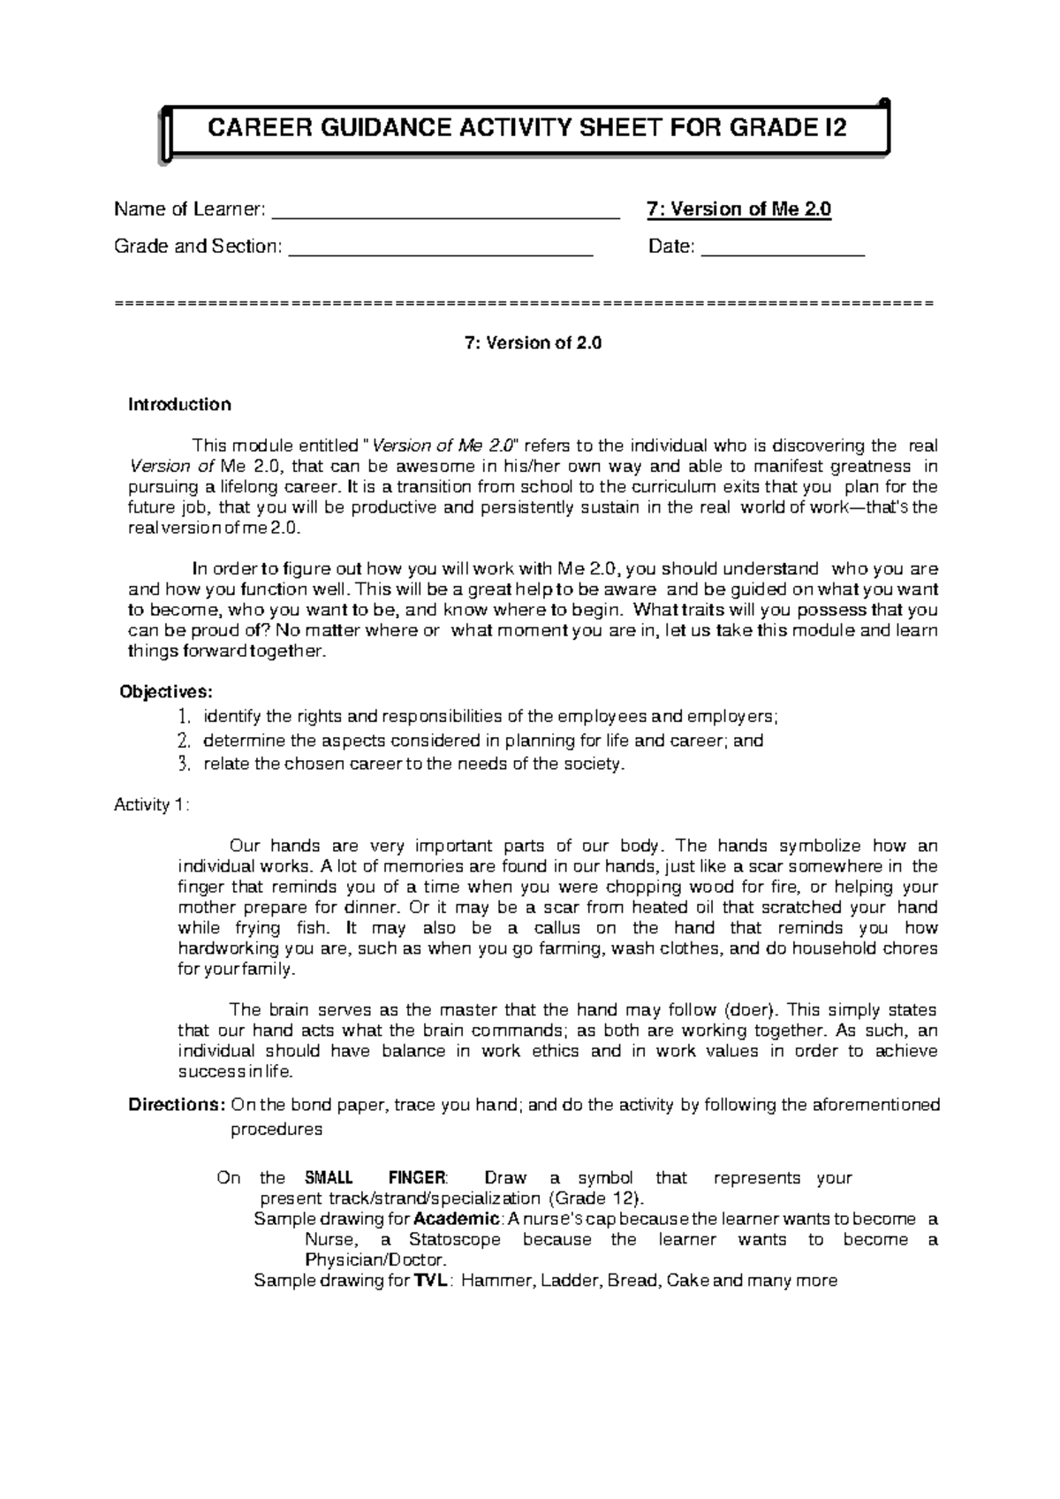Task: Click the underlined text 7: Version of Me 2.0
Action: click(x=738, y=209)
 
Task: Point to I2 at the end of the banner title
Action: click(x=834, y=129)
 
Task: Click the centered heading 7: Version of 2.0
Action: click(x=533, y=343)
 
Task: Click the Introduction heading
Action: click(x=179, y=405)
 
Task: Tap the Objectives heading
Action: click(x=166, y=691)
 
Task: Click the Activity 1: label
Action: click(x=151, y=805)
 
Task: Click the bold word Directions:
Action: click(x=177, y=1105)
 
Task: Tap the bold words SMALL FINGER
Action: click(x=375, y=1178)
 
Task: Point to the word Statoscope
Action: click(x=454, y=1240)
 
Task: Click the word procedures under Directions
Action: click(x=276, y=1130)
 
